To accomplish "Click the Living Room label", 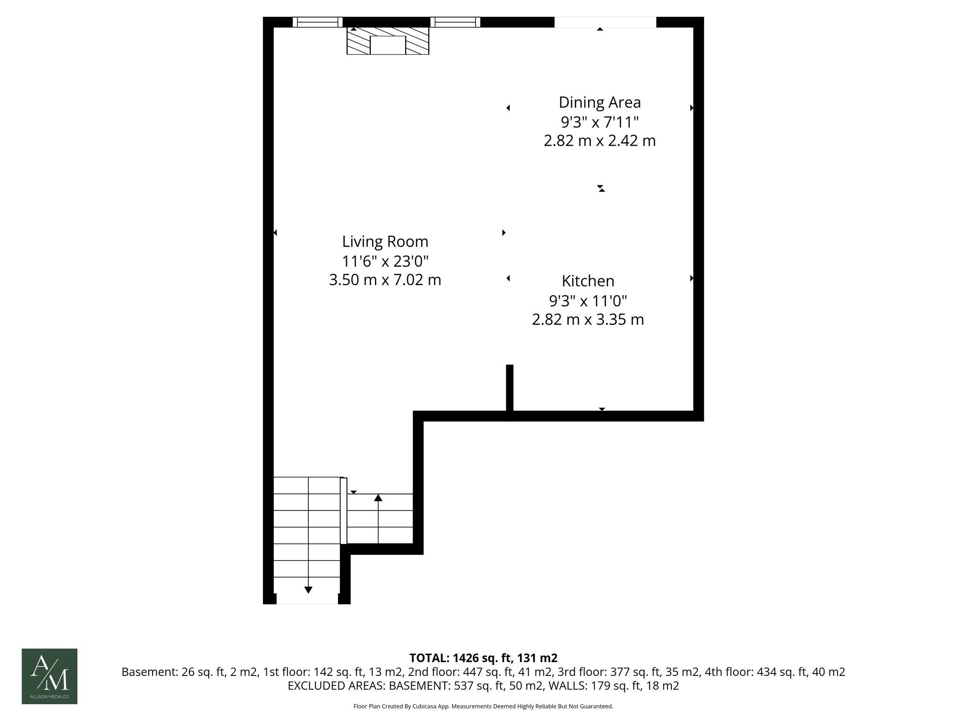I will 385,242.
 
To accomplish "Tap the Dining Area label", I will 600,102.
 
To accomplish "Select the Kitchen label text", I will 588,281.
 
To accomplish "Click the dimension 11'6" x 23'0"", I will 385,261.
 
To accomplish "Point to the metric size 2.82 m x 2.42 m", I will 600,141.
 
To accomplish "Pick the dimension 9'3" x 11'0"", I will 588,301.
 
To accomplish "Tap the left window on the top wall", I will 317,22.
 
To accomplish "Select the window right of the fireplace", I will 455,22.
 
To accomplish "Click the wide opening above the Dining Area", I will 605,22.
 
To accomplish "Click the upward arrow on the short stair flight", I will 378,498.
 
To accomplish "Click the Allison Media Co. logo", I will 50,676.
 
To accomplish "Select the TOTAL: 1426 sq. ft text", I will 483,658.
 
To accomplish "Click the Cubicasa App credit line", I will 483,706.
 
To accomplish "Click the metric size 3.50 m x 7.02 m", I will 385,280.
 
